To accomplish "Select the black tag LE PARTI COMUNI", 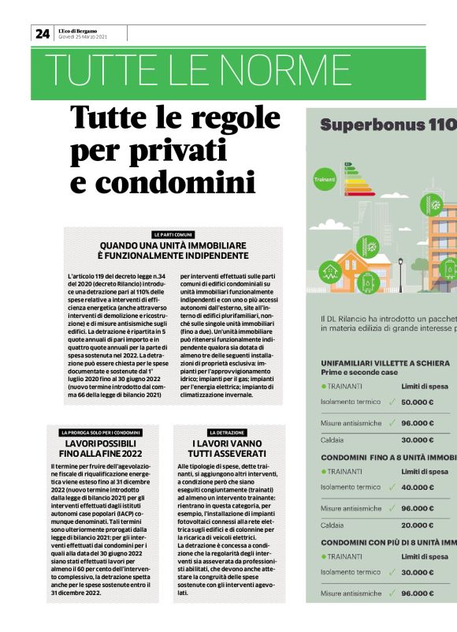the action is (173, 235).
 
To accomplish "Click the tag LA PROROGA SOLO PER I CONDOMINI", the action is (101, 433).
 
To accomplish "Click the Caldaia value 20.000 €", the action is (418, 524).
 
